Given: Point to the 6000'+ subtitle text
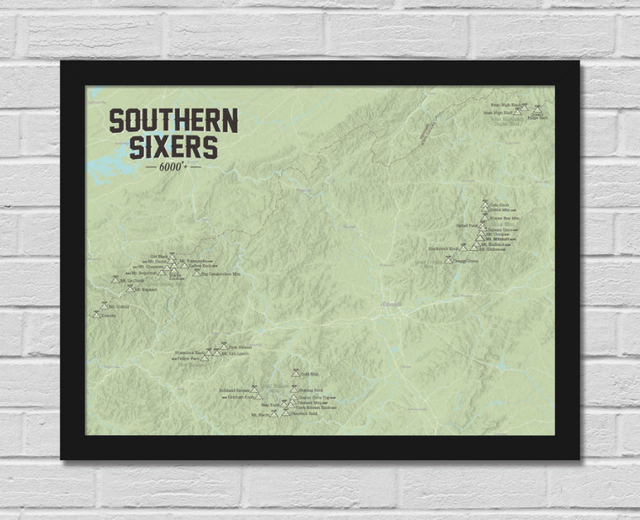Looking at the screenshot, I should point(173,167).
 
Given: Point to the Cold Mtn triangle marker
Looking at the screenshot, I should point(294,372).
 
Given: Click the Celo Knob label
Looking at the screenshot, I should point(500,204).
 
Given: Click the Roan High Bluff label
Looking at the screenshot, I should point(498,113).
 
